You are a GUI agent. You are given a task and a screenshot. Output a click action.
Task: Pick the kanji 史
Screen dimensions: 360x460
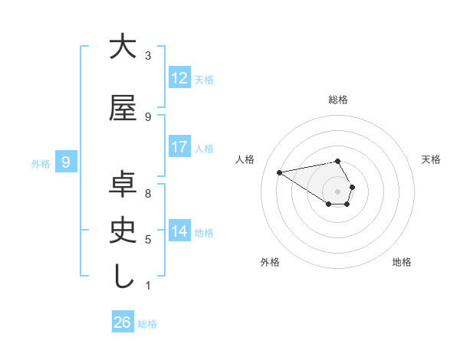click(123, 230)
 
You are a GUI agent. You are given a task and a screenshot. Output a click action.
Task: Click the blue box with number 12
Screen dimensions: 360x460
click(179, 78)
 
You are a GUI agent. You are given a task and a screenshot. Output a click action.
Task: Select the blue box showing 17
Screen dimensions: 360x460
click(179, 147)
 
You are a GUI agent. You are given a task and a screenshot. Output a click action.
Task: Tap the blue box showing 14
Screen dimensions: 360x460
click(179, 231)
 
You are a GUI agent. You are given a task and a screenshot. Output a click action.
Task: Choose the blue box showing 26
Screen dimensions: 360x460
click(123, 322)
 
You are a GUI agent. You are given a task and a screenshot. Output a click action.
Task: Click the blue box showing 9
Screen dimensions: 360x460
click(66, 162)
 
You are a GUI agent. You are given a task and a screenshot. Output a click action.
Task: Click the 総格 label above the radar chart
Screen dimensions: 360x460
click(338, 100)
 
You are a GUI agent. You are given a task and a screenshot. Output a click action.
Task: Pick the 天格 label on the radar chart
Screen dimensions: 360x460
click(431, 159)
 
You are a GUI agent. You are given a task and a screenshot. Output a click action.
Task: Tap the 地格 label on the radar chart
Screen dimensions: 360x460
click(402, 262)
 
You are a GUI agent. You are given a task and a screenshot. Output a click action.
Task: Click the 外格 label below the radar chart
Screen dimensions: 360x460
click(270, 262)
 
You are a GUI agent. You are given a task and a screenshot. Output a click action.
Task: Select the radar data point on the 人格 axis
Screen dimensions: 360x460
click(279, 172)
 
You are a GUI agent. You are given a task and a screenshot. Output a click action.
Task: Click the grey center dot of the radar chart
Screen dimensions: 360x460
click(337, 191)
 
